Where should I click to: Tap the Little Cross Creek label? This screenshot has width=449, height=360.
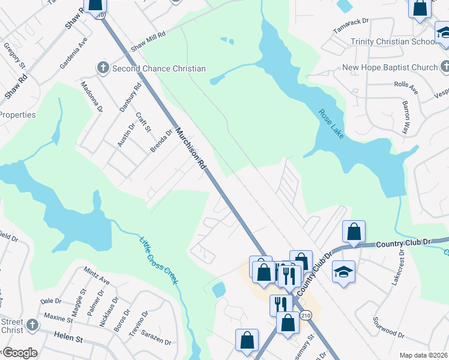coord(160,260)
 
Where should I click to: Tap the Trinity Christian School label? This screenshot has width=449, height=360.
coord(394,42)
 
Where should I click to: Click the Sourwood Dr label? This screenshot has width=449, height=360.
coord(388,327)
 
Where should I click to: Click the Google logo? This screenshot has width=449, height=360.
coord(20,353)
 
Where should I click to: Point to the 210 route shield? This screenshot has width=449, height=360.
coord(306,316)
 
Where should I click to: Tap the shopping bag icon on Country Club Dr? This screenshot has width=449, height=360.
coord(354,231)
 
